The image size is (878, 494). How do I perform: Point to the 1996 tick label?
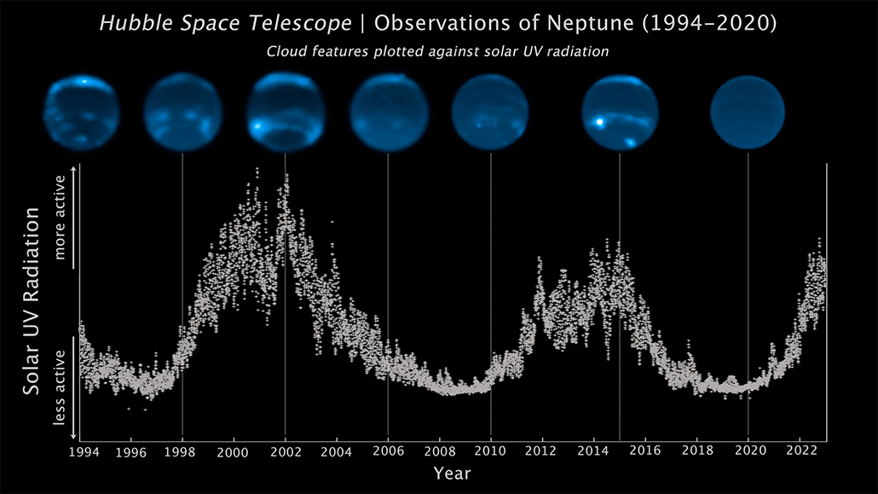pos(130,450)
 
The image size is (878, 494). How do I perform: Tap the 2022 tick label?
pos(800,450)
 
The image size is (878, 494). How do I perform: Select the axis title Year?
pos(452,472)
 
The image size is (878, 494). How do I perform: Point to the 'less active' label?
pos(61,386)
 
